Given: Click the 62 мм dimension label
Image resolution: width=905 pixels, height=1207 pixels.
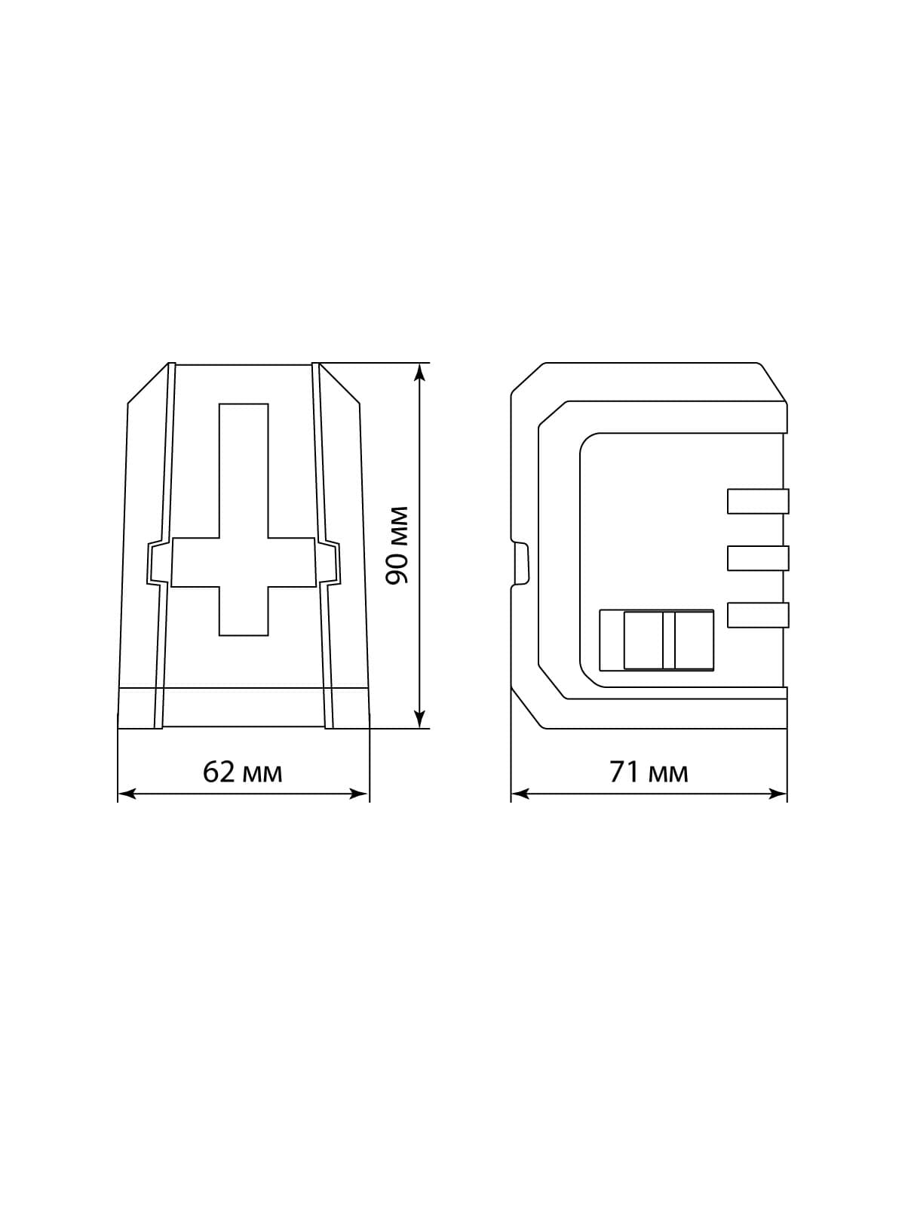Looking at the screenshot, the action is coord(242,772).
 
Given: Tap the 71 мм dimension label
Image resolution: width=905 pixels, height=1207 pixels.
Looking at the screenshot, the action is coord(649,772).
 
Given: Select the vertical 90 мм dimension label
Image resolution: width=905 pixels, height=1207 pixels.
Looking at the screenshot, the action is coord(397,545).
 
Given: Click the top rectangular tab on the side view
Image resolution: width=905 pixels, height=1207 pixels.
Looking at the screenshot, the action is coord(758,501).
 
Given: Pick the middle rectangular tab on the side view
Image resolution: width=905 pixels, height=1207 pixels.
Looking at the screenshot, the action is coord(758,558).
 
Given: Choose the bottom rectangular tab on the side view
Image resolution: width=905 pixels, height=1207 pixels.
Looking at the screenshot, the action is coord(758,616).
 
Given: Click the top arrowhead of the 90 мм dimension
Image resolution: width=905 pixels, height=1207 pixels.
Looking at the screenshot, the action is coord(419,372).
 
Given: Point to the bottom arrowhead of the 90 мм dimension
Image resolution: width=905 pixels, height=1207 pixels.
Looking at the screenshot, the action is coord(419,719).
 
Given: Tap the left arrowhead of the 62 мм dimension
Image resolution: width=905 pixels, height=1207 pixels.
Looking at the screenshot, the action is coord(127,794).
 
